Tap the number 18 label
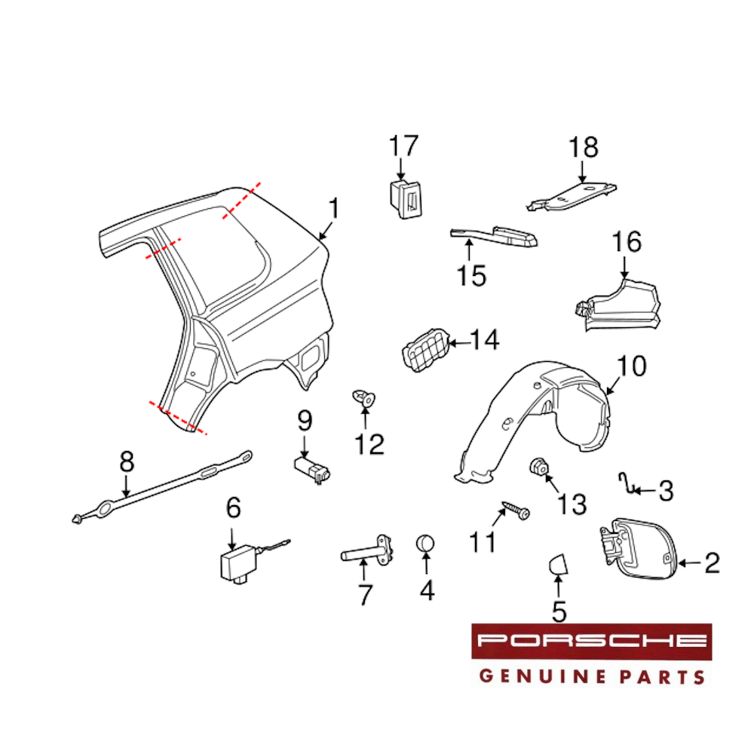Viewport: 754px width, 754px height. tap(584, 148)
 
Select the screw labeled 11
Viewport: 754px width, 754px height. tap(516, 510)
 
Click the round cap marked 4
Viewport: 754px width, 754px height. tap(425, 544)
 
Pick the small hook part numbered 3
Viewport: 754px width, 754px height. tap(626, 484)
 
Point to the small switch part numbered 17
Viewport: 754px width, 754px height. tap(405, 198)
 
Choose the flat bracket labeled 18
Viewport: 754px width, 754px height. tap(572, 196)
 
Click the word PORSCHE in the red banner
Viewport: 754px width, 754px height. tap(591, 640)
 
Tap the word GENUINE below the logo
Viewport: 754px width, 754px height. tap(544, 676)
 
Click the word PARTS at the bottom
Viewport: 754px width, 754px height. tap(662, 676)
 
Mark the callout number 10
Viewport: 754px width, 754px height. tap(631, 367)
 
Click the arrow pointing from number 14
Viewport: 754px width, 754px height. tap(458, 343)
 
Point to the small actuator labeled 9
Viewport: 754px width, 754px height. tap(313, 469)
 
